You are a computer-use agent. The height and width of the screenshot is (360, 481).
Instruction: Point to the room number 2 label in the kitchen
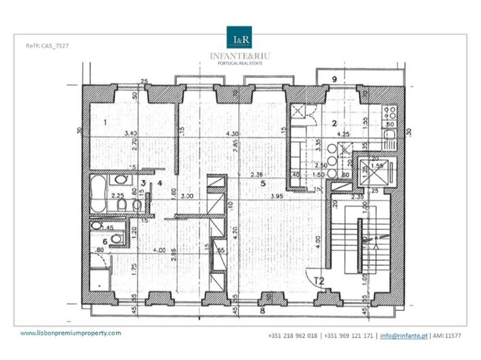335,123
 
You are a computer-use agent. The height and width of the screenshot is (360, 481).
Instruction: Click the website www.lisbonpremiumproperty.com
70,333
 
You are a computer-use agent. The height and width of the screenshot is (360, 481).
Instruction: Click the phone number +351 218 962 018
293,336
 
